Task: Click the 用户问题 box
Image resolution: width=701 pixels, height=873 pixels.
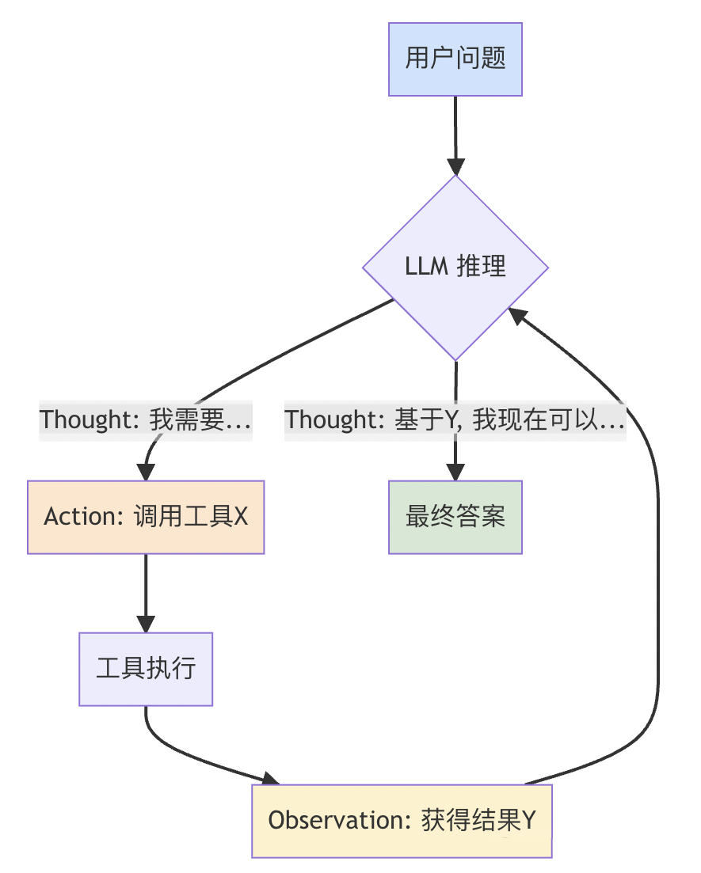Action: [455, 59]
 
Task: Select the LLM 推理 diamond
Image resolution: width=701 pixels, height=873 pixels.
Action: [455, 267]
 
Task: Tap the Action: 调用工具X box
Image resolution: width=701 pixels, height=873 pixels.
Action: [146, 517]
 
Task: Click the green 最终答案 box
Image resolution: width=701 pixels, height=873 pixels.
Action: [455, 517]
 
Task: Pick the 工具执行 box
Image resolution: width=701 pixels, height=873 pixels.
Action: [146, 669]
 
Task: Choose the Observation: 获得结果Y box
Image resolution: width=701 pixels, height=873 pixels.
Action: [402, 821]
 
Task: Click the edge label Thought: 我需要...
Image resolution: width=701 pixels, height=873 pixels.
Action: [146, 419]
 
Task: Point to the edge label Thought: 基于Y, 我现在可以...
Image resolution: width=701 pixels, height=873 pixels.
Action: [455, 419]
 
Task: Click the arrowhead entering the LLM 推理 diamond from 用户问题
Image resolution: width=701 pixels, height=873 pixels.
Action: [455, 167]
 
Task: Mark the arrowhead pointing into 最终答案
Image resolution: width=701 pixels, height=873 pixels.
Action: [455, 473]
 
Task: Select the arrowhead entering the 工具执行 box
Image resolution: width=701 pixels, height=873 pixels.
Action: [146, 624]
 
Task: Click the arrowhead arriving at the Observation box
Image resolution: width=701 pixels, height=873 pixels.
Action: [270, 780]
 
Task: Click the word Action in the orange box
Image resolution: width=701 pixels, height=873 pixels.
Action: [69, 517]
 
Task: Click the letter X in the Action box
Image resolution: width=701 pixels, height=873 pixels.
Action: [240, 517]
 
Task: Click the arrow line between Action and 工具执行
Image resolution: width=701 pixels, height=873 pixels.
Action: [146, 586]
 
